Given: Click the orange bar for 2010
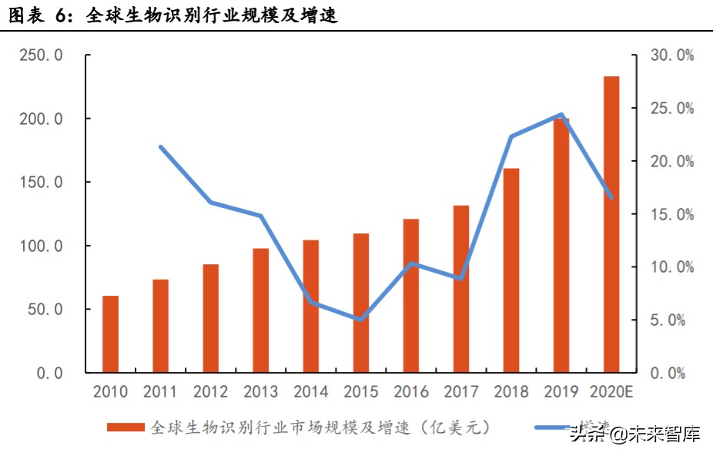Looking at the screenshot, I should point(110,334).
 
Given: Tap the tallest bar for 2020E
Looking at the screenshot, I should point(611,224).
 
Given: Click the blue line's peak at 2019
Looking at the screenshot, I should point(561,115).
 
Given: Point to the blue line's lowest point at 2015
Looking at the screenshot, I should point(360,319).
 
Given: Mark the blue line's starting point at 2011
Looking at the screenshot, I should point(160,146).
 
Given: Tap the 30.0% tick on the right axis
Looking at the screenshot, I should point(672,55).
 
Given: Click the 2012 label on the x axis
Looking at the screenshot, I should point(210,392).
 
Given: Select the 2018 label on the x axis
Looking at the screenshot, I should point(510,392).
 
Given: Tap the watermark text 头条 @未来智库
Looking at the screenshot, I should point(635,434).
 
